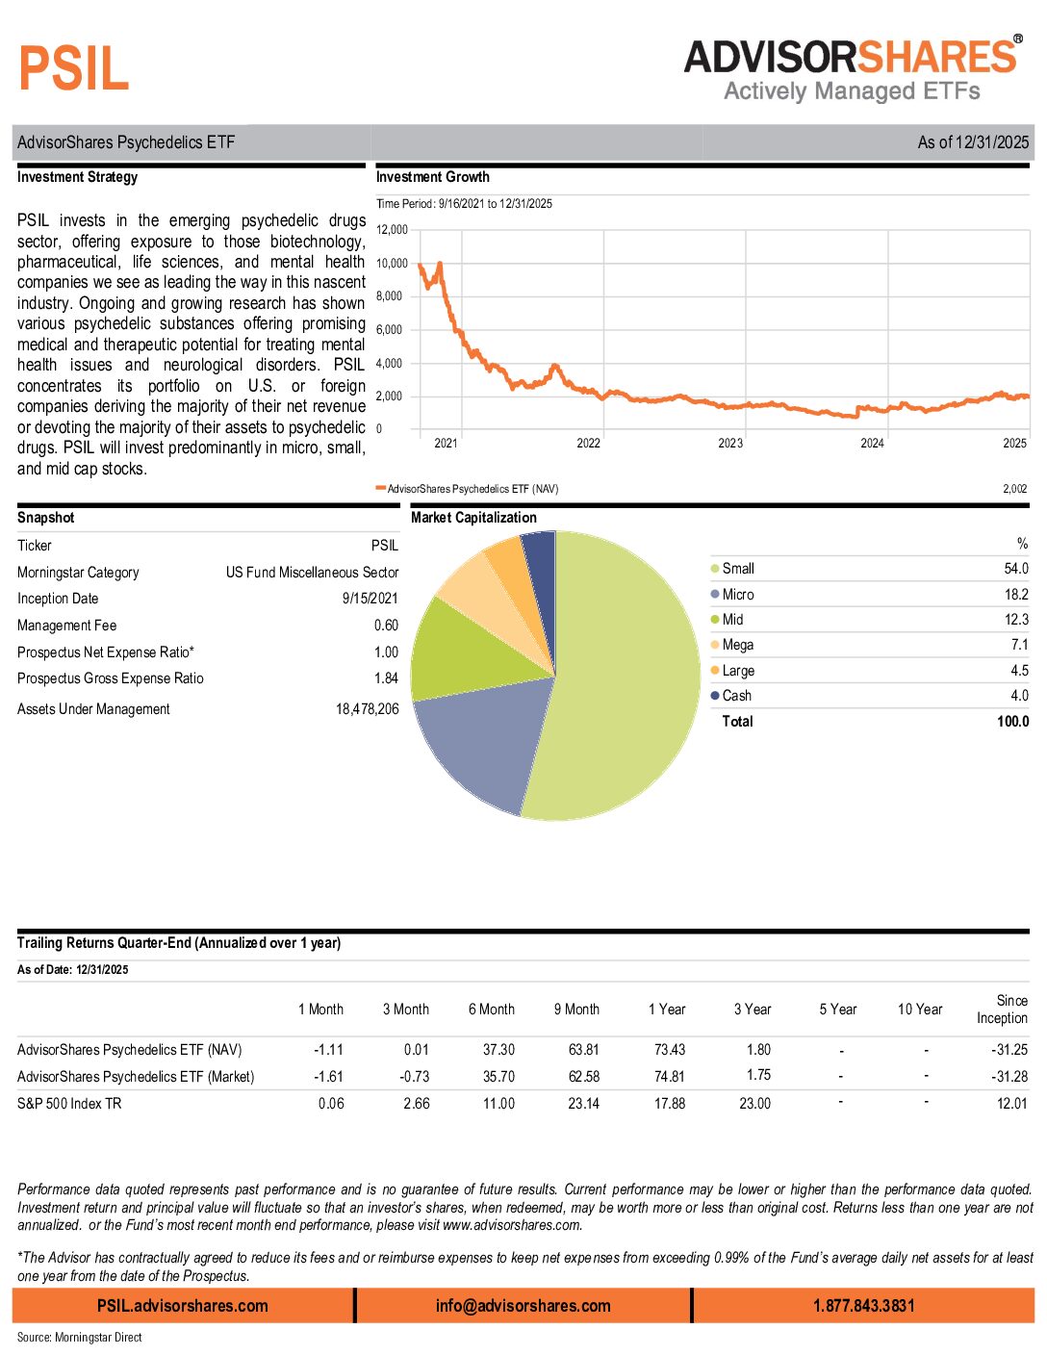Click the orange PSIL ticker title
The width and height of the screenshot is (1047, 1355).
click(74, 69)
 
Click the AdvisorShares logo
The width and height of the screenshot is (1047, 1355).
click(853, 69)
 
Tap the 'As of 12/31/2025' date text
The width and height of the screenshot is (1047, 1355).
click(973, 142)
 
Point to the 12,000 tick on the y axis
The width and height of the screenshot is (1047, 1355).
click(392, 230)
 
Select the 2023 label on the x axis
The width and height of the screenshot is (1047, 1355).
click(730, 444)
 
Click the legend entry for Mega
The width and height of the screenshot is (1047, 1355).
click(737, 645)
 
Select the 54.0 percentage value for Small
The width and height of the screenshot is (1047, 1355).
click(1015, 569)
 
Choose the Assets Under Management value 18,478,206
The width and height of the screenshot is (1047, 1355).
click(367, 709)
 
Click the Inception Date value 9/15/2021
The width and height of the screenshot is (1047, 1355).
click(370, 599)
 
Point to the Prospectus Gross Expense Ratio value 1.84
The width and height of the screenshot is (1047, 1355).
click(386, 678)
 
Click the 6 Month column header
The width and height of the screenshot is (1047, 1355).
click(491, 1010)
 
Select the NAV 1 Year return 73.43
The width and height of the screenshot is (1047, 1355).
click(669, 1050)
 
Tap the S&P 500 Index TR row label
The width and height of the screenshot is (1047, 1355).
click(69, 1104)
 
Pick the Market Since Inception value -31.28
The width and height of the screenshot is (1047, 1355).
click(1009, 1077)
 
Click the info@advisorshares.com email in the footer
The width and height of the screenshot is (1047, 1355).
click(523, 1306)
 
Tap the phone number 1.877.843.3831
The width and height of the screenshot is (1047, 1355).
click(863, 1306)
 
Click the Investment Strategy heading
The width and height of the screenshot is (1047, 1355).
click(77, 177)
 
